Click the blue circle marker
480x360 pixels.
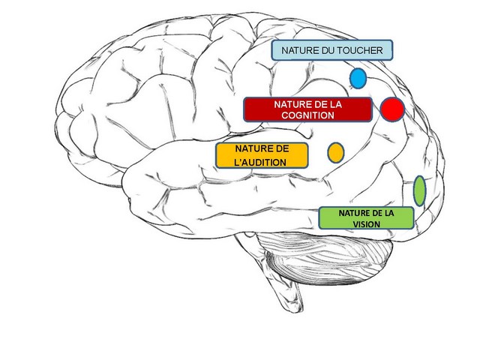pos(358,78)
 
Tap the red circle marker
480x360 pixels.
pos(392,109)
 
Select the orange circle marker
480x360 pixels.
pos(336,152)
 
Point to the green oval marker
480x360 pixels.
pos(420,190)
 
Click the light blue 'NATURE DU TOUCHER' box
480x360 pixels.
pos(332,51)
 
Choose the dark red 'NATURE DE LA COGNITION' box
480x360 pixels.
pos(307,109)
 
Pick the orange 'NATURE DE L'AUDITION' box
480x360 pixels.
pos(261,155)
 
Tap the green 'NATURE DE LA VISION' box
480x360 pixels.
pos(367,217)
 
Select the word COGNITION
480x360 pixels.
pos(307,115)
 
